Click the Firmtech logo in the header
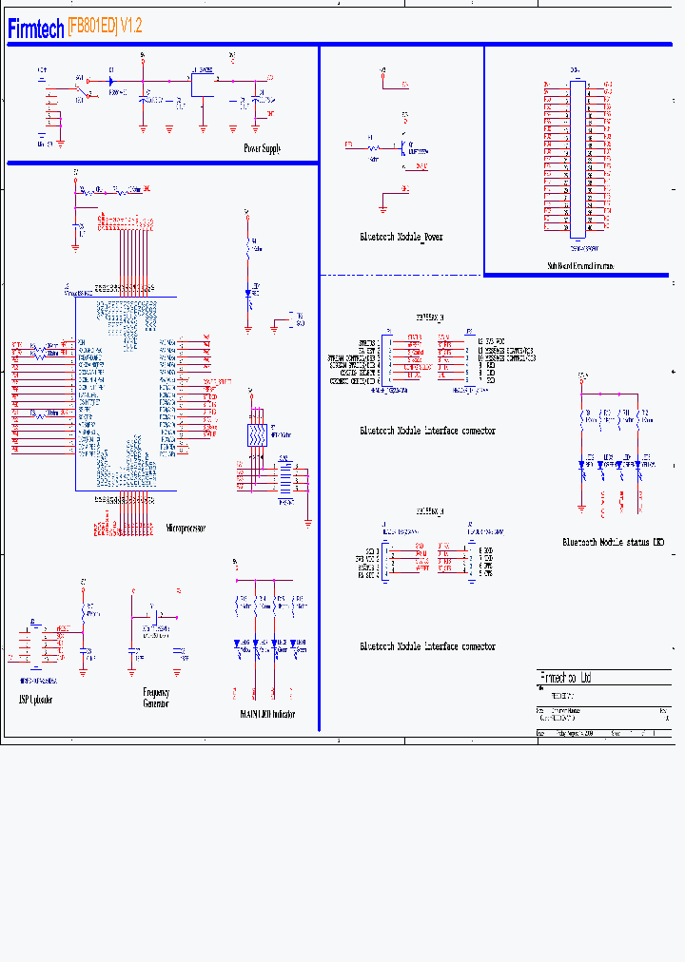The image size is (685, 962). [36, 29]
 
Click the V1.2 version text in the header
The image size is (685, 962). [131, 28]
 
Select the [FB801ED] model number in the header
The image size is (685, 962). [92, 28]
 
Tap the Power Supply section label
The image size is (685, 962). [262, 148]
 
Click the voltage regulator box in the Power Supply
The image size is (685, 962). [203, 83]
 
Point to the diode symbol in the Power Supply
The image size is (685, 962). [112, 80]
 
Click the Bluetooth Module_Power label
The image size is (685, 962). [401, 237]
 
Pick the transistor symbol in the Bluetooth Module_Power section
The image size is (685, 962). [404, 148]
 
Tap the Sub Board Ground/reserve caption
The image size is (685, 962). [579, 267]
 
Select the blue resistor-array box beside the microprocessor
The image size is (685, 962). [257, 435]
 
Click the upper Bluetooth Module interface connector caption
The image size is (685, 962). [427, 431]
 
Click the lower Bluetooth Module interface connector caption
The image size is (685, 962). [427, 646]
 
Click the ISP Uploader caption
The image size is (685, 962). [36, 700]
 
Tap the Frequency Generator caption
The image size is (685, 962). [156, 698]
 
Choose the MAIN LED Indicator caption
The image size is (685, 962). [267, 714]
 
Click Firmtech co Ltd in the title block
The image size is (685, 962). [565, 678]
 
